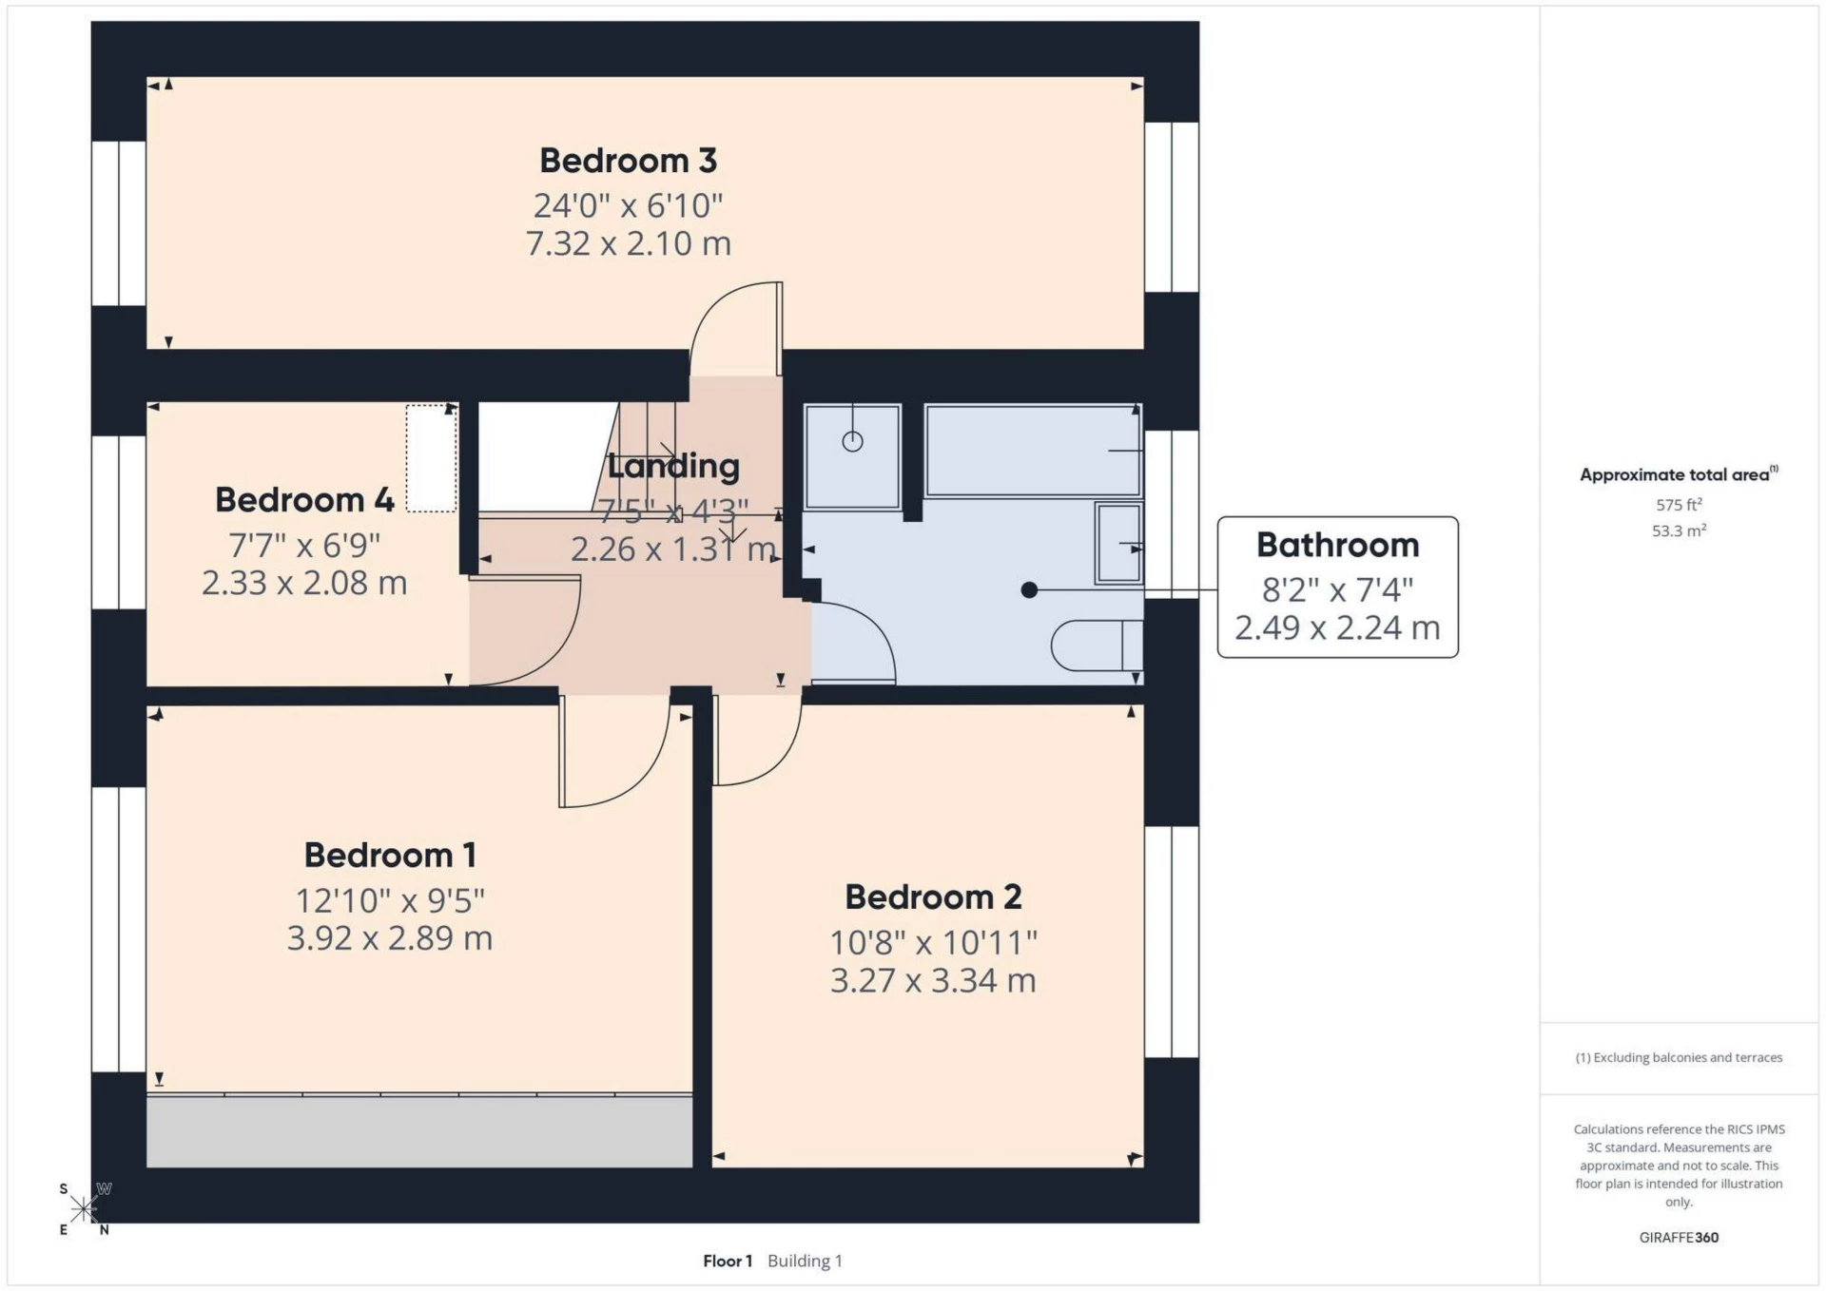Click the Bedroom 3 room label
628,161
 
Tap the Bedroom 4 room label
304,500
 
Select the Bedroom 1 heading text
390,855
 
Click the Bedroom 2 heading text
933,896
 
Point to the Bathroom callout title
1337,545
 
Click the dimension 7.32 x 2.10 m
628,244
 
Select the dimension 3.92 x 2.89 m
390,938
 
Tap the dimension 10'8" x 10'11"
933,943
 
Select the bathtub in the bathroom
1032,451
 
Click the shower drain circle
852,441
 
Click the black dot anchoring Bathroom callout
1029,590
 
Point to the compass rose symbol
84,1209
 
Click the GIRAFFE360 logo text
1679,1238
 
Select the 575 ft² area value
1679,505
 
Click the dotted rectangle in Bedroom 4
432,458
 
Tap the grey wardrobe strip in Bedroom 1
418,1131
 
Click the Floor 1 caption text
728,1261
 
